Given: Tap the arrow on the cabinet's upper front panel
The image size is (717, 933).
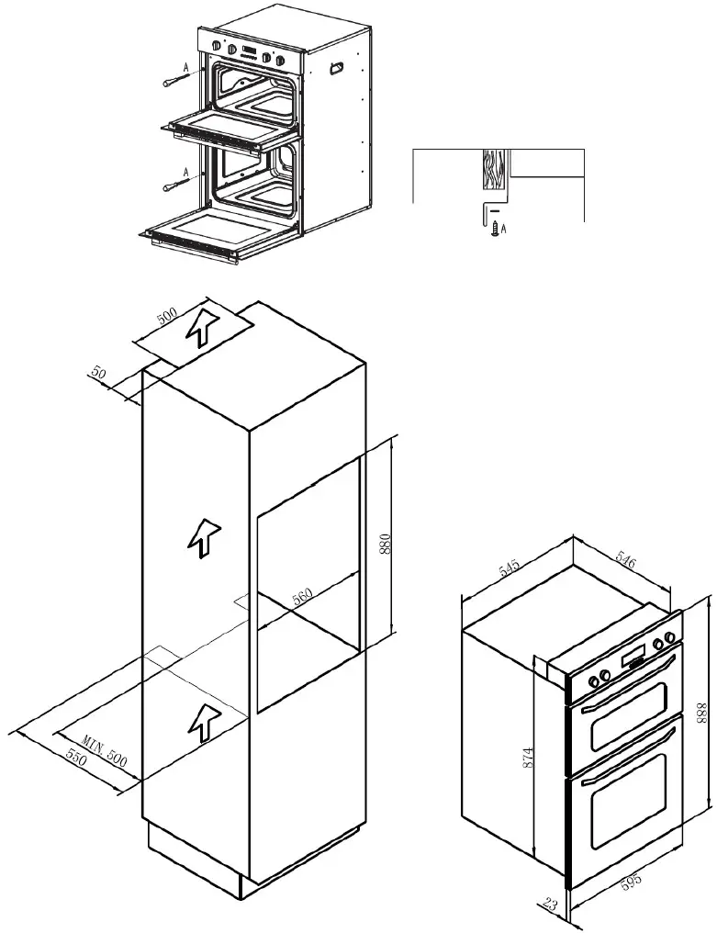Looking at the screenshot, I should tap(206, 537).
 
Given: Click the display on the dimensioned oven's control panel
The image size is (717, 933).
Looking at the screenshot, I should tap(634, 656).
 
